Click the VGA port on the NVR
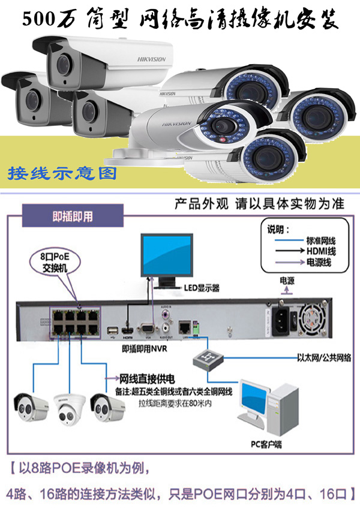coord(146,328)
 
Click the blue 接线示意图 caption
coord(62,174)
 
